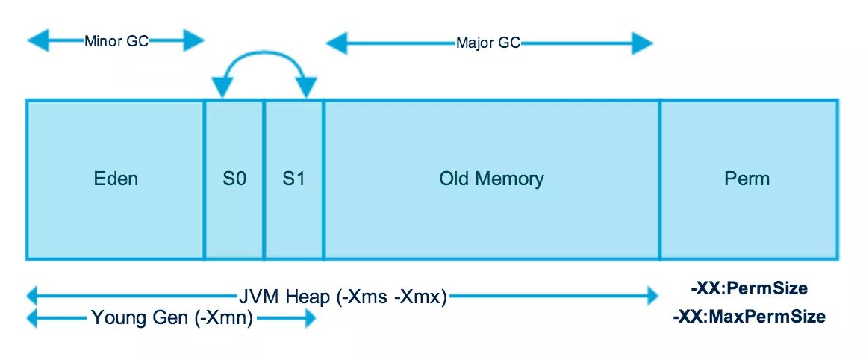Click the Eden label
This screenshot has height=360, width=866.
tap(116, 179)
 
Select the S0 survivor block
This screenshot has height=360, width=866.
tap(234, 179)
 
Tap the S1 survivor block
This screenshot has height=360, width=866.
tap(294, 179)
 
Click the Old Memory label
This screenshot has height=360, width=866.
tap(491, 179)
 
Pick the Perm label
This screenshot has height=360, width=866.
tap(747, 179)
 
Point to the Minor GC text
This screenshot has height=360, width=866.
tap(116, 41)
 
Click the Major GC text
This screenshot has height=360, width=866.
tap(488, 43)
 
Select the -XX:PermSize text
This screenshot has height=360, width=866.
tap(749, 288)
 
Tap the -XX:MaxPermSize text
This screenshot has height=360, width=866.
tap(750, 317)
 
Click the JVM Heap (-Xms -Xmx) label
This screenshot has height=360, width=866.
tap(343, 297)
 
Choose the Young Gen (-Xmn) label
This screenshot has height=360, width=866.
tap(172, 318)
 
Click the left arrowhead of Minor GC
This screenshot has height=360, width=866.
tap(38, 40)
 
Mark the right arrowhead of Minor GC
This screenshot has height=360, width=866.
tap(194, 40)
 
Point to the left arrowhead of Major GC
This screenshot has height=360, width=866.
tap(337, 43)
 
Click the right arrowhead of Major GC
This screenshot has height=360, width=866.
tap(642, 43)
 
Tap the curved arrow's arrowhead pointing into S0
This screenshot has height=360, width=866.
tap(222, 87)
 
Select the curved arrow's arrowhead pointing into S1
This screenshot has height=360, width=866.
tap(306, 87)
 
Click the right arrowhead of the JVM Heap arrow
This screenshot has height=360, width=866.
tap(648, 297)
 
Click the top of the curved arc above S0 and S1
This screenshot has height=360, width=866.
tap(264, 52)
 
